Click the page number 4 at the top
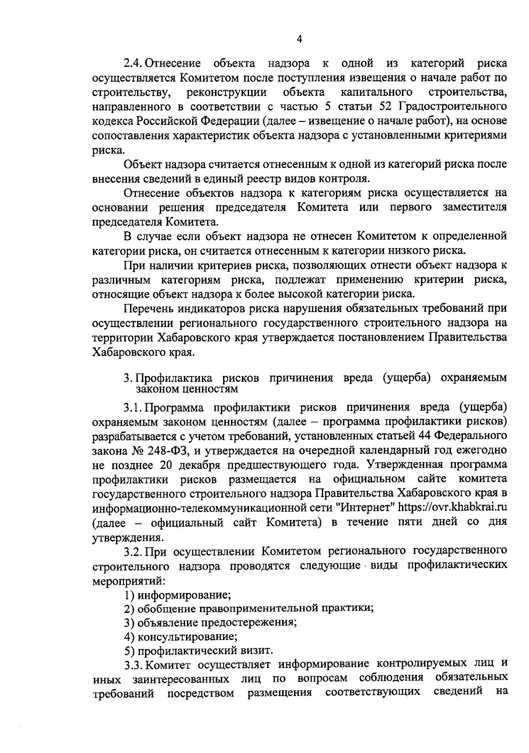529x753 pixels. [x=299, y=39]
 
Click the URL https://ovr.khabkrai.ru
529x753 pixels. [x=452, y=507]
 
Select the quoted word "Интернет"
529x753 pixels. [x=365, y=507]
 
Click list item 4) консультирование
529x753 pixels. [x=181, y=636]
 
